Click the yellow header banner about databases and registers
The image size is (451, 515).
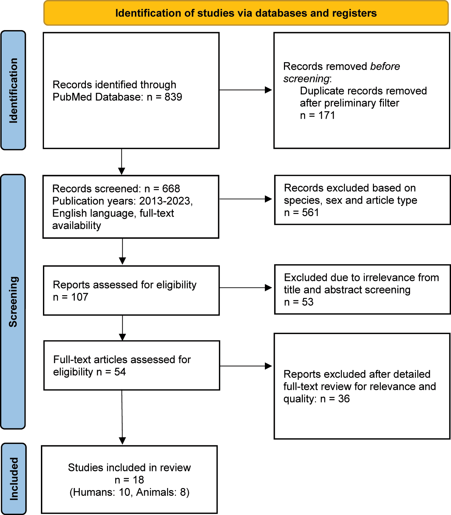pyautogui.click(x=246, y=13)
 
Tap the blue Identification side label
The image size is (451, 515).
pyautogui.click(x=13, y=90)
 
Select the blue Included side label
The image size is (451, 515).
pyautogui.click(x=14, y=478)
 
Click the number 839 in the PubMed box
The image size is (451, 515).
pyautogui.click(x=173, y=97)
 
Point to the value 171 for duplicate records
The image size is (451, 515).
pyautogui.click(x=327, y=115)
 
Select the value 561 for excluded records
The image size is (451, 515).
pyautogui.click(x=310, y=213)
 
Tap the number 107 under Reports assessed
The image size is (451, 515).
pyautogui.click(x=79, y=297)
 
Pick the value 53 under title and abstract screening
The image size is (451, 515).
pyautogui.click(x=307, y=302)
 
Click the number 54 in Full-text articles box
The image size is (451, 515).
pyautogui.click(x=120, y=372)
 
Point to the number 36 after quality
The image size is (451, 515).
pyautogui.click(x=344, y=399)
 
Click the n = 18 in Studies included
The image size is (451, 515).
pyautogui.click(x=129, y=480)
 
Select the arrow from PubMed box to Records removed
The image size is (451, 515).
pyautogui.click(x=245, y=90)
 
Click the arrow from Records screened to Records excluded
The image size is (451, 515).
pyautogui.click(x=245, y=199)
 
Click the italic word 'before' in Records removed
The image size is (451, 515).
pyautogui.click(x=385, y=66)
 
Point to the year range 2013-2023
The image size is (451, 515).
pyautogui.click(x=165, y=201)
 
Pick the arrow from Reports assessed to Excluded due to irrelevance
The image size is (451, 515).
pyautogui.click(x=245, y=288)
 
